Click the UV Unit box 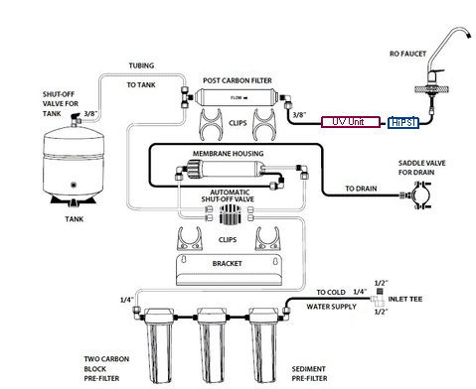(351, 122)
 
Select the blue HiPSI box (403, 123)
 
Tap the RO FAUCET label (407, 54)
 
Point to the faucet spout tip (469, 35)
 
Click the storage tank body (74, 162)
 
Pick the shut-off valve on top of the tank (76, 120)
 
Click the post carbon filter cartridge (237, 97)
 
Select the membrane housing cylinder (226, 168)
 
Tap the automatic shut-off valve (230, 214)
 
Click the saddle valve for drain (419, 195)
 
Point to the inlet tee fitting (378, 299)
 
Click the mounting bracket (229, 270)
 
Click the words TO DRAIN (361, 189)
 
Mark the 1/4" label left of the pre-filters (127, 300)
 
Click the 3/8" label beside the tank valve (90, 114)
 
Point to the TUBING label (141, 65)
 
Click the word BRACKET (228, 264)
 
